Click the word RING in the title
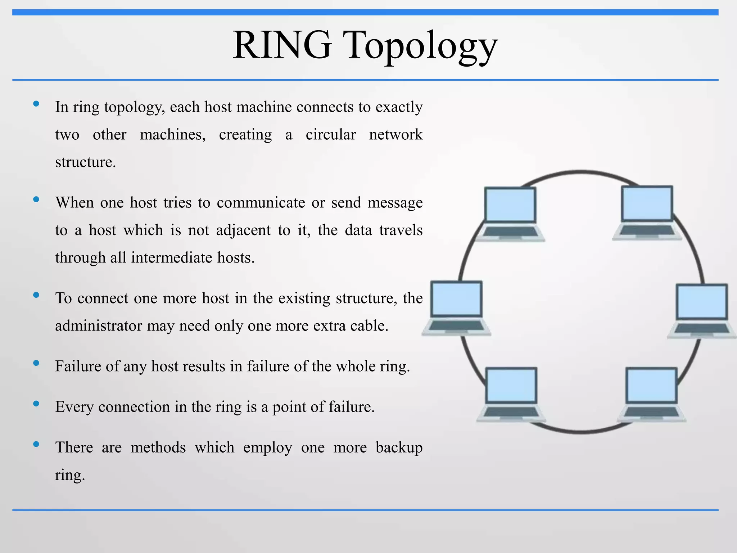[282, 46]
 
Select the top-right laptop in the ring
[647, 213]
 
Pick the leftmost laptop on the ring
[456, 308]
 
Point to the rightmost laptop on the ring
[702, 311]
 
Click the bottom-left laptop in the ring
[511, 394]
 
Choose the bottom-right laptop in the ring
[651, 394]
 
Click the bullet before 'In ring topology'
[36, 104]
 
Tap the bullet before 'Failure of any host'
[36, 363]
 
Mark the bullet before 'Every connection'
[36, 404]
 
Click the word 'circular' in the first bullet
[331, 135]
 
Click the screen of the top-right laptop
[647, 203]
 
